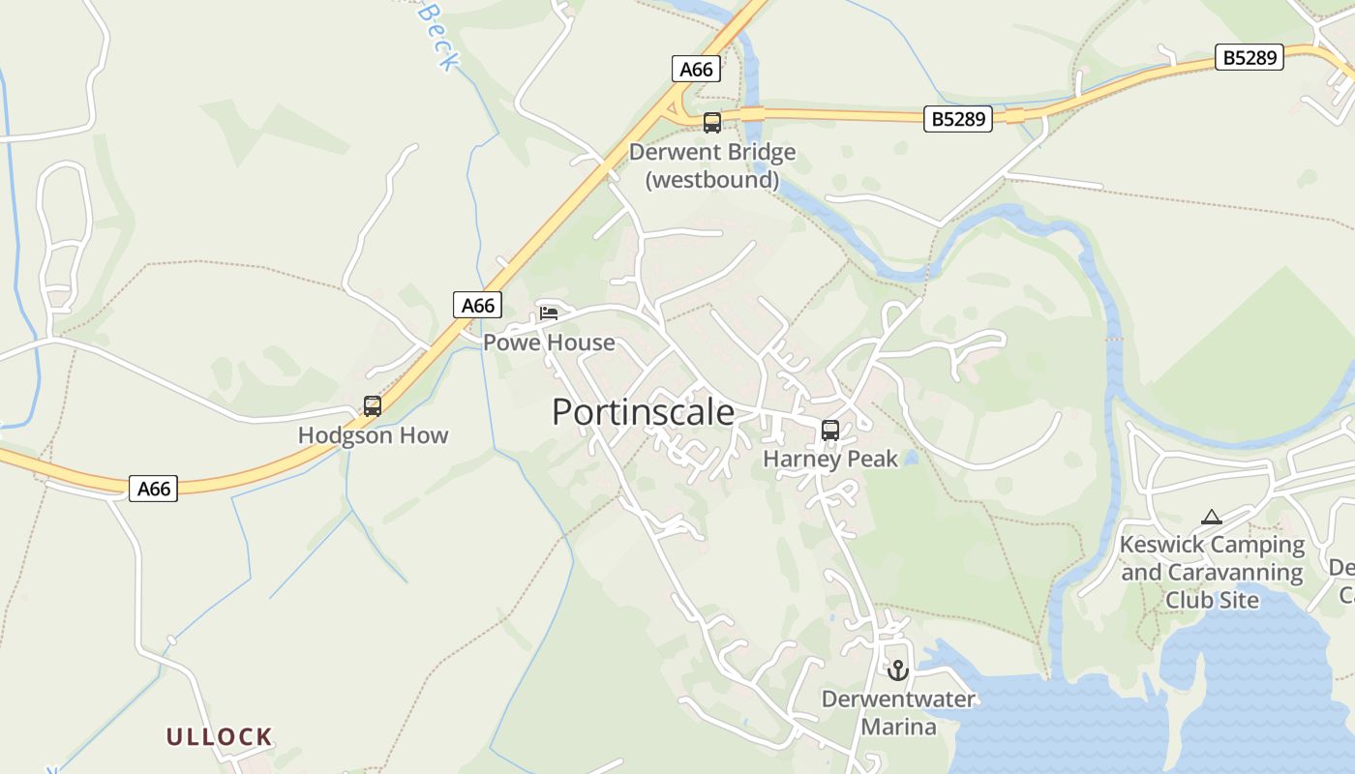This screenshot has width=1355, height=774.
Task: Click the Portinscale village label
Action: tap(643, 412)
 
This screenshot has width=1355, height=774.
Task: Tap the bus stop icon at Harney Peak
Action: tap(830, 431)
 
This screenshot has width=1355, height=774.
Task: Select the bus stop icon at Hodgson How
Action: tap(373, 406)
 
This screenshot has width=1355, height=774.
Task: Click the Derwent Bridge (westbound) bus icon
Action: tap(712, 123)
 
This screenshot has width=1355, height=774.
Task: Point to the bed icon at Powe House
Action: tap(549, 313)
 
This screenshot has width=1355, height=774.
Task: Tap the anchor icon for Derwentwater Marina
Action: tap(898, 670)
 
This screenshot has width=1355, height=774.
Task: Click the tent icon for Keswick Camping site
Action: tap(1211, 518)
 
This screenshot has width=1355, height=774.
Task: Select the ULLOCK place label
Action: tap(219, 737)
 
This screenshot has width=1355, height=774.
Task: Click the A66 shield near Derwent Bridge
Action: tap(696, 69)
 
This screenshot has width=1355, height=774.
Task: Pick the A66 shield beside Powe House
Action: tap(477, 306)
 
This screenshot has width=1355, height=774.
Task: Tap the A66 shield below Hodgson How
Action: tap(154, 489)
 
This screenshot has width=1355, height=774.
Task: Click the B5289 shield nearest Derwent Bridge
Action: tap(958, 119)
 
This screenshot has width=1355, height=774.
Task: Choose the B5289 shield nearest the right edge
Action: tap(1249, 58)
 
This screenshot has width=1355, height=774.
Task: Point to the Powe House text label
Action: tap(549, 342)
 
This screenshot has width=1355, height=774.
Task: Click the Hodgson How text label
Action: tap(373, 435)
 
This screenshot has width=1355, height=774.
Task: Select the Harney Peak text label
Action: tap(830, 459)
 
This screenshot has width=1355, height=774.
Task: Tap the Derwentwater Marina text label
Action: tap(898, 712)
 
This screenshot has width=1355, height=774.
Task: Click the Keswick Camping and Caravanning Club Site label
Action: tap(1212, 572)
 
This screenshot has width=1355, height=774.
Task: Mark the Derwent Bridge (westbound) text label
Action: tap(712, 165)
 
